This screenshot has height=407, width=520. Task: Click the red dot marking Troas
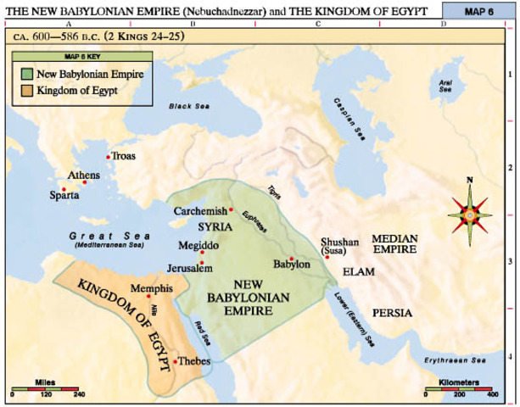click(x=108, y=157)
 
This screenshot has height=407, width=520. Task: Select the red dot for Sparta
click(x=64, y=188)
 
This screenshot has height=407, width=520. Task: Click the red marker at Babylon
click(x=292, y=259)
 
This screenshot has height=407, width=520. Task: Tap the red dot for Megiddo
click(x=202, y=254)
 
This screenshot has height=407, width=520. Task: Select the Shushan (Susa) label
click(x=340, y=246)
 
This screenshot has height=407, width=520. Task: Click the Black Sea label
click(x=189, y=107)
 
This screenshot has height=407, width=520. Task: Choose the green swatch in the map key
click(x=27, y=74)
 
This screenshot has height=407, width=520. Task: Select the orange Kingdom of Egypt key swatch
click(x=27, y=89)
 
